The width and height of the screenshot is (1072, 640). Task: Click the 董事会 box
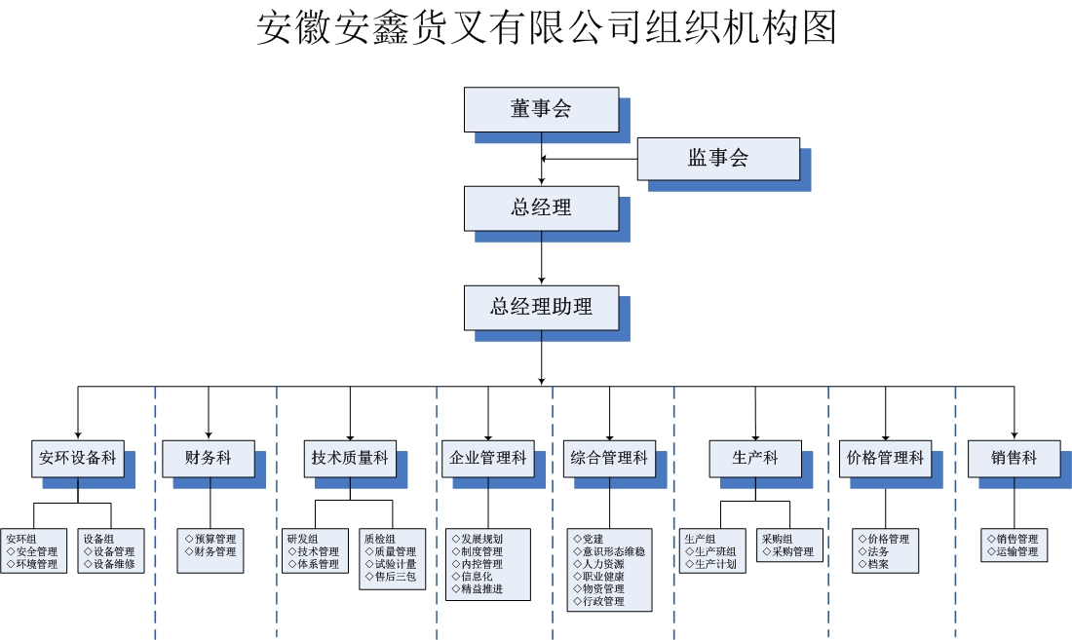(541, 109)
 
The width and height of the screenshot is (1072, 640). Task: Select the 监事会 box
(718, 159)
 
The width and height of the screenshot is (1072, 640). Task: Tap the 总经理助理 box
(541, 307)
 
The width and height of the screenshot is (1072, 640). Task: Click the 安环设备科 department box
(78, 458)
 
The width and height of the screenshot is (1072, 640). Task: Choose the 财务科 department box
(209, 458)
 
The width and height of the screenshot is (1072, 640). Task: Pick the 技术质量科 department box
(350, 458)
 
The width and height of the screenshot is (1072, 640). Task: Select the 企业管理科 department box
(488, 458)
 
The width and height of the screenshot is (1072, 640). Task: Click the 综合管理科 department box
(609, 458)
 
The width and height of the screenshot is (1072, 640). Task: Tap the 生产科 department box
(755, 458)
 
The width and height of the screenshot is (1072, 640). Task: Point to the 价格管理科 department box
(885, 458)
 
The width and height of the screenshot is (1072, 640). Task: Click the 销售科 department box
(1014, 458)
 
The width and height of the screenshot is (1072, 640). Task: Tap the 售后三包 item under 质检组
(394, 577)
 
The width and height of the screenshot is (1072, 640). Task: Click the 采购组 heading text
(777, 539)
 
